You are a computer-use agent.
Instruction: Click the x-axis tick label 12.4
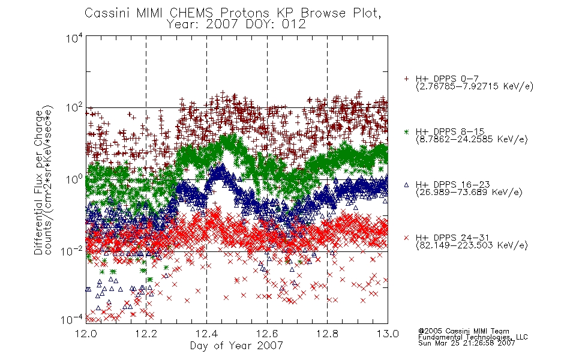click(207, 334)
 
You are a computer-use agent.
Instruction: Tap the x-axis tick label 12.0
click(86, 334)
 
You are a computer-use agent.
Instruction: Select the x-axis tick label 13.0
click(388, 334)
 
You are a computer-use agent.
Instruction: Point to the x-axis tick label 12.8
click(327, 334)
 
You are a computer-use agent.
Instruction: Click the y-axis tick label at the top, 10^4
click(74, 38)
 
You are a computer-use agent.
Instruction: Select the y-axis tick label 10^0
click(74, 179)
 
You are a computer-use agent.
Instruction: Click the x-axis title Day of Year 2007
click(236, 346)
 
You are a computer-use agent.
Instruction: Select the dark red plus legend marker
click(407, 79)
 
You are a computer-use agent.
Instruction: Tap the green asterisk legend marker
click(407, 131)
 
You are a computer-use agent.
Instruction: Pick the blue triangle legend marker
click(407, 185)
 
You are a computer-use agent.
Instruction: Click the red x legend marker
click(407, 238)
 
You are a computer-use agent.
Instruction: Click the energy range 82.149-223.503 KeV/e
click(472, 245)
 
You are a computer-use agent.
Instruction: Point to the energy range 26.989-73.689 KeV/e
click(469, 193)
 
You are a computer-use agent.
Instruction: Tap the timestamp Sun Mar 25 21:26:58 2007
click(467, 343)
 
